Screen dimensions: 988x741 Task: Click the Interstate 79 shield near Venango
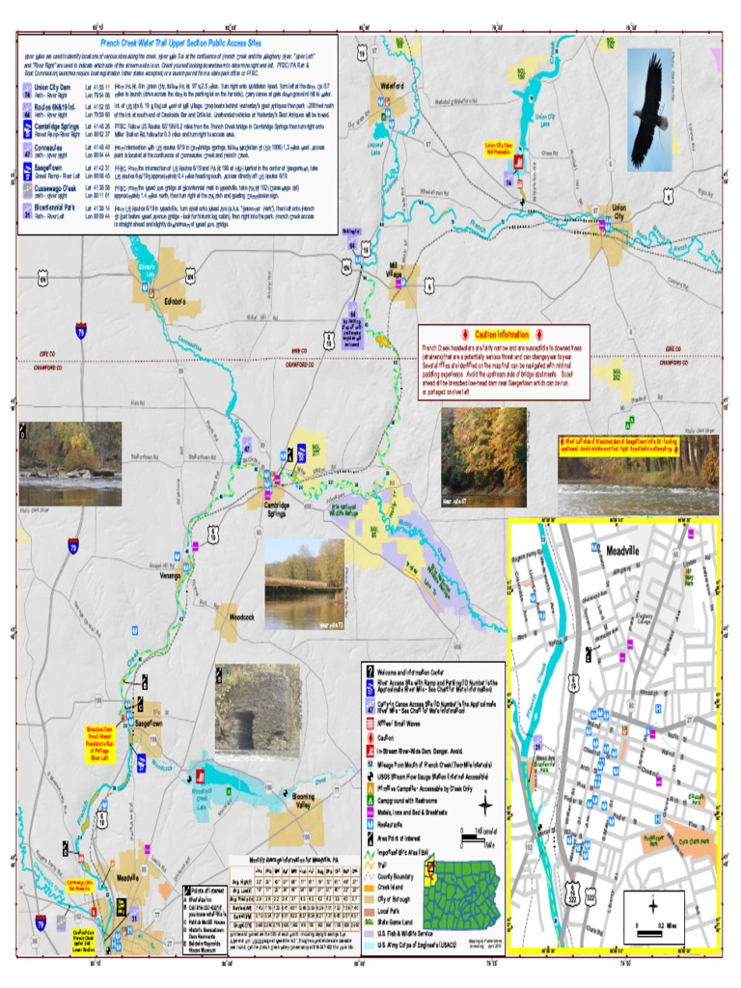(73, 547)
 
